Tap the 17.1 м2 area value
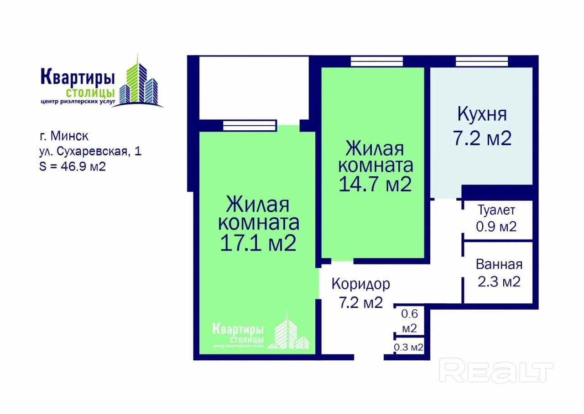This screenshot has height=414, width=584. click(x=258, y=243)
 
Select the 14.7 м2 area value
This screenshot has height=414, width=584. click(x=375, y=184)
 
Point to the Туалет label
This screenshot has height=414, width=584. click(x=496, y=210)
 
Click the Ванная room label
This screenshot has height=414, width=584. click(x=499, y=264)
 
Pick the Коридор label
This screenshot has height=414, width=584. click(x=361, y=284)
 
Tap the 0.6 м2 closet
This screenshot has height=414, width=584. click(x=409, y=321)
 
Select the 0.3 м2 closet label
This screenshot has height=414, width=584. click(x=408, y=347)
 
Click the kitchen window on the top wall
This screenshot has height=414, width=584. click(x=482, y=61)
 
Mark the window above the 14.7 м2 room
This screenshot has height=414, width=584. click(x=377, y=61)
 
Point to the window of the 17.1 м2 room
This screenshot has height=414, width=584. click(x=250, y=125)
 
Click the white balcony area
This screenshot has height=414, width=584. click(x=254, y=88)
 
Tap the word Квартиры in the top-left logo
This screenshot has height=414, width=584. click(x=78, y=77)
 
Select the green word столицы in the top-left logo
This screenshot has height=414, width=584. click(x=90, y=93)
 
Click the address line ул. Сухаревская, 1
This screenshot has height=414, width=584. click(x=90, y=152)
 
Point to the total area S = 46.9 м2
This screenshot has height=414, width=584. click(x=73, y=167)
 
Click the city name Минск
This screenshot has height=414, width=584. click(x=69, y=136)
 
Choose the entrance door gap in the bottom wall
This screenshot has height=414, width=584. click(x=369, y=357)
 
